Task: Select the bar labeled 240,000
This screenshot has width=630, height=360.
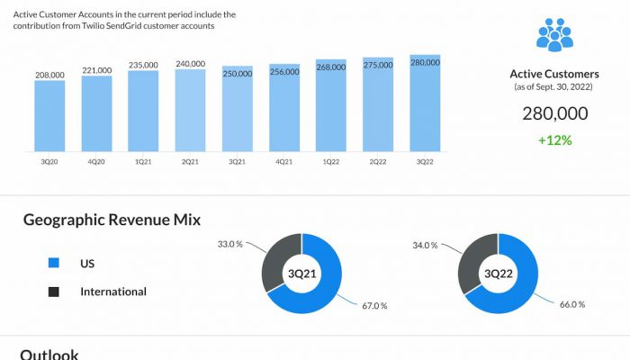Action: (x=190, y=110)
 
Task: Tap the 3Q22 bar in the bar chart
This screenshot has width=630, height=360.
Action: (x=425, y=103)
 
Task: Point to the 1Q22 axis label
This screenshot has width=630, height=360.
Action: (x=330, y=162)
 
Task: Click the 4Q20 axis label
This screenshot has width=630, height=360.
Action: (x=96, y=162)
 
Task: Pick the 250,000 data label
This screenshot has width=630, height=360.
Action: (x=237, y=73)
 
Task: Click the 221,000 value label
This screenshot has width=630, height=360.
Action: (x=96, y=70)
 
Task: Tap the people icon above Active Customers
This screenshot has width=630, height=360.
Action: (x=554, y=34)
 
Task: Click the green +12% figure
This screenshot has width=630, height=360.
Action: (x=554, y=139)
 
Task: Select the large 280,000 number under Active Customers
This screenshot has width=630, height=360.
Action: (x=554, y=113)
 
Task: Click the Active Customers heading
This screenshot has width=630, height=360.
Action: (x=554, y=74)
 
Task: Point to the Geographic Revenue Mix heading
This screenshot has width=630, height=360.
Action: (x=112, y=220)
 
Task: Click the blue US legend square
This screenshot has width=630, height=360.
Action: (x=53, y=264)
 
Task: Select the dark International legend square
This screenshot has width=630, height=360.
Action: (x=53, y=292)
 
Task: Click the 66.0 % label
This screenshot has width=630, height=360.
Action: (x=572, y=304)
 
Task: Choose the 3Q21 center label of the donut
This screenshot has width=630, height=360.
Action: (x=302, y=274)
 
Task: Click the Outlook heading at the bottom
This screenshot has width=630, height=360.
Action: (x=49, y=354)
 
